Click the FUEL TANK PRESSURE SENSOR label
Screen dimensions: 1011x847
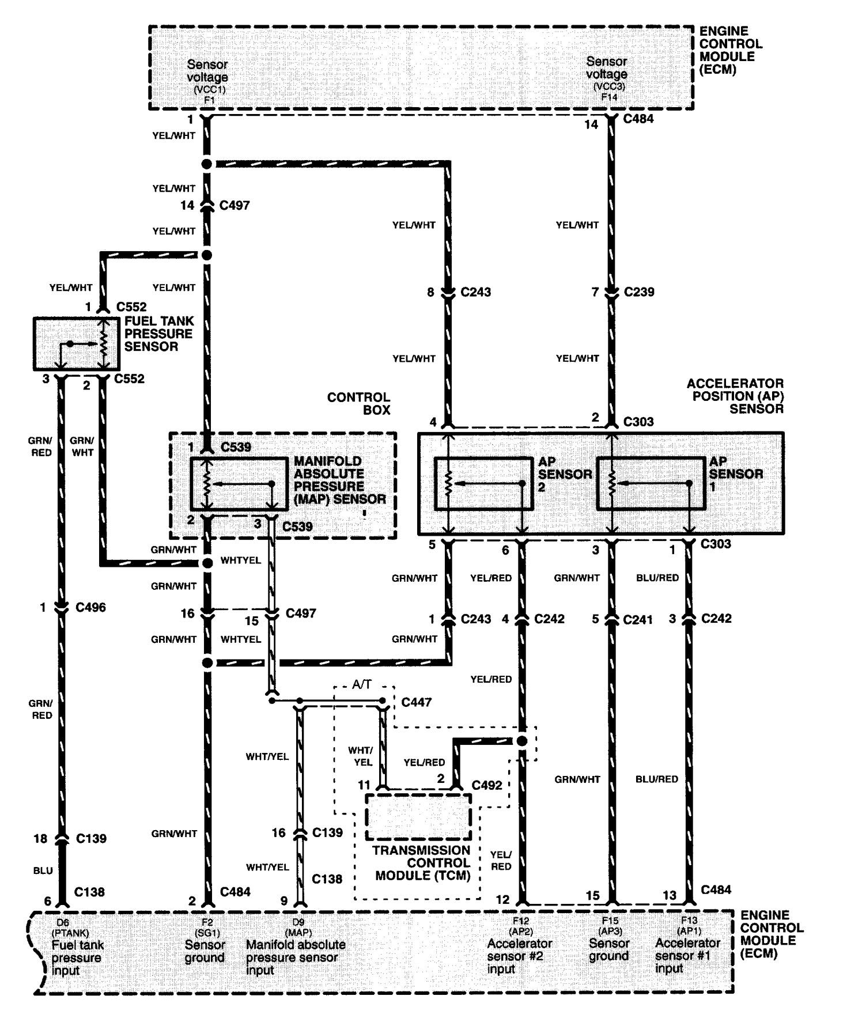(x=159, y=334)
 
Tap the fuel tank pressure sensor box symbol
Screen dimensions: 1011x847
(x=76, y=343)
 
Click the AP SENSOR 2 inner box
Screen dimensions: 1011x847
(x=483, y=484)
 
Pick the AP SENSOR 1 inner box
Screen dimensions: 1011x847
(x=651, y=484)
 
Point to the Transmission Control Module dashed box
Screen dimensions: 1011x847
(x=418, y=816)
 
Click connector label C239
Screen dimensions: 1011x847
(x=639, y=292)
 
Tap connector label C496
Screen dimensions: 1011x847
(x=90, y=607)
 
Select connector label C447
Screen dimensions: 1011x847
(x=416, y=702)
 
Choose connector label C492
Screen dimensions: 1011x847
(x=487, y=785)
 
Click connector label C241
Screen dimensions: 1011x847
(x=638, y=620)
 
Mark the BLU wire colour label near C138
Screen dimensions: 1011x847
(x=43, y=870)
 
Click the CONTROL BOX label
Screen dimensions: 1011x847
(x=358, y=403)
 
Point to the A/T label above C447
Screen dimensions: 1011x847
(x=362, y=684)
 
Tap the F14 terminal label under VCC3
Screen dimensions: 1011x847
(x=609, y=97)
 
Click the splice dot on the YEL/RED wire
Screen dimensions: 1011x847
(x=521, y=741)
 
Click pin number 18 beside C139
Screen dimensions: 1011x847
(x=40, y=838)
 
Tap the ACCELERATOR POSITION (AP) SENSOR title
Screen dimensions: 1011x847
(x=735, y=396)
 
